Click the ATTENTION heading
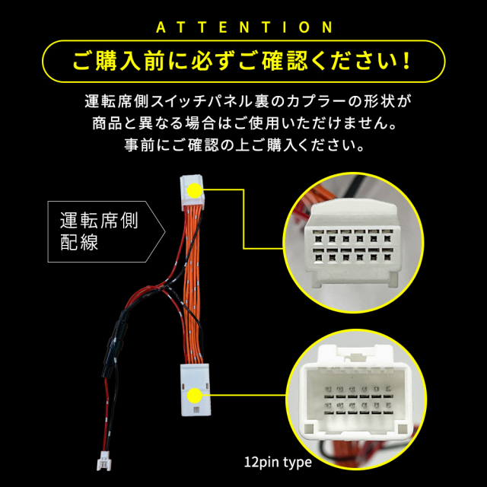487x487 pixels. (x=244, y=27)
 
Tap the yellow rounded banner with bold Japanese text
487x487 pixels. (x=243, y=61)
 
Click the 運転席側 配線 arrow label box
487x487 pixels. (x=107, y=231)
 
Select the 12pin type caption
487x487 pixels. (x=278, y=462)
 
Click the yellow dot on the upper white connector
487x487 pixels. (x=195, y=190)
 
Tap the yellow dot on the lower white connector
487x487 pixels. (x=195, y=396)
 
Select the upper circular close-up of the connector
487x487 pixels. (x=353, y=242)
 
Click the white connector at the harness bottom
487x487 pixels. (x=195, y=390)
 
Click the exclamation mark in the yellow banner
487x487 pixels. (x=406, y=61)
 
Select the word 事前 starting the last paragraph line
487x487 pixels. (x=139, y=145)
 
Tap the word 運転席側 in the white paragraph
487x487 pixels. (x=116, y=101)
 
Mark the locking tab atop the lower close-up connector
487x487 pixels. (x=356, y=356)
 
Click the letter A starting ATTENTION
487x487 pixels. (x=161, y=27)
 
